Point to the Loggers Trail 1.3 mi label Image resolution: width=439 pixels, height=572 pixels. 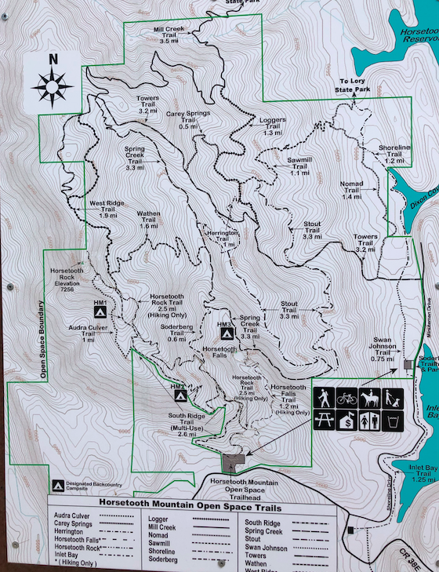point(272,126)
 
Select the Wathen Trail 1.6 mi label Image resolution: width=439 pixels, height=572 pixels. point(149,220)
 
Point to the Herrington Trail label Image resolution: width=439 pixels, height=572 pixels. point(222,239)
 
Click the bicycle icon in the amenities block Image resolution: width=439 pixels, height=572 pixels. point(346,399)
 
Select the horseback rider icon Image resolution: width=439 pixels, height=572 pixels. point(369,399)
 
